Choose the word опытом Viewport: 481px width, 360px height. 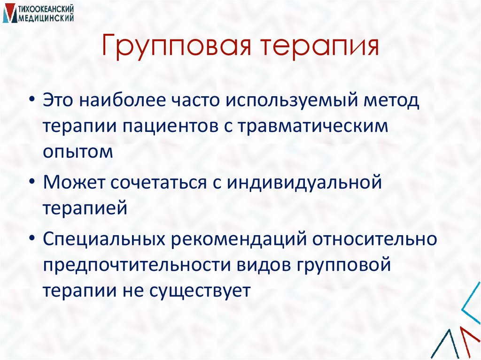pyautogui.click(x=78, y=152)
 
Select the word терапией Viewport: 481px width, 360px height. pyautogui.click(x=85, y=208)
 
